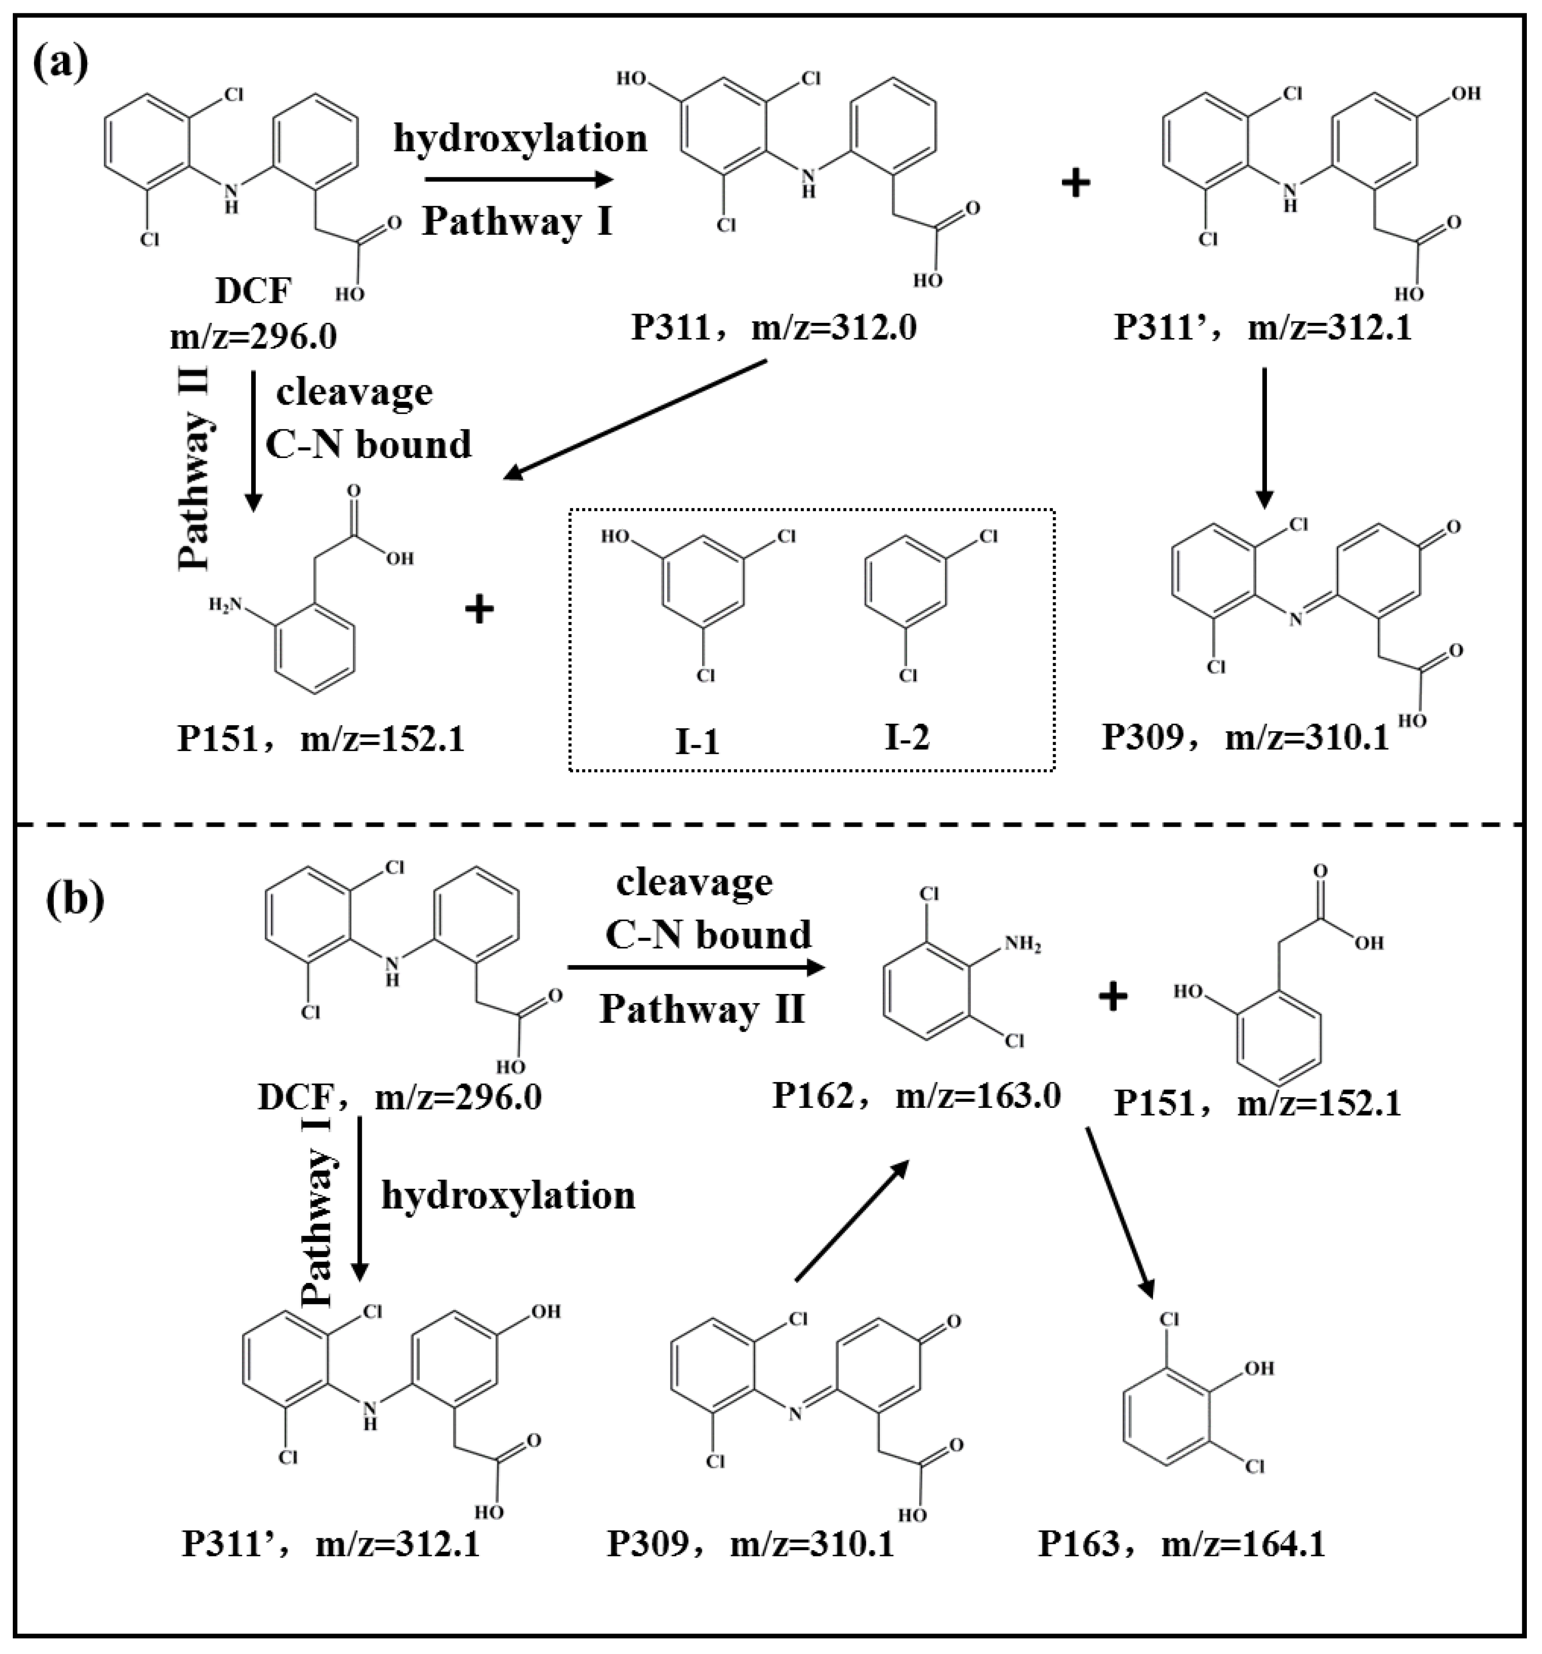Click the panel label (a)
(x=61, y=63)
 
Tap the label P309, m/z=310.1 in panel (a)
(x=1245, y=737)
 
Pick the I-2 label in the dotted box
(x=906, y=737)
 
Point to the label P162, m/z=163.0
(x=917, y=1096)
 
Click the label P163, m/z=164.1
(x=1181, y=1544)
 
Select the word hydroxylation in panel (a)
(x=520, y=139)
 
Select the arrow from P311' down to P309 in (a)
(x=1264, y=437)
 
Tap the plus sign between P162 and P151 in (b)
(x=1113, y=996)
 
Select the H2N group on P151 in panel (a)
(x=225, y=605)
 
